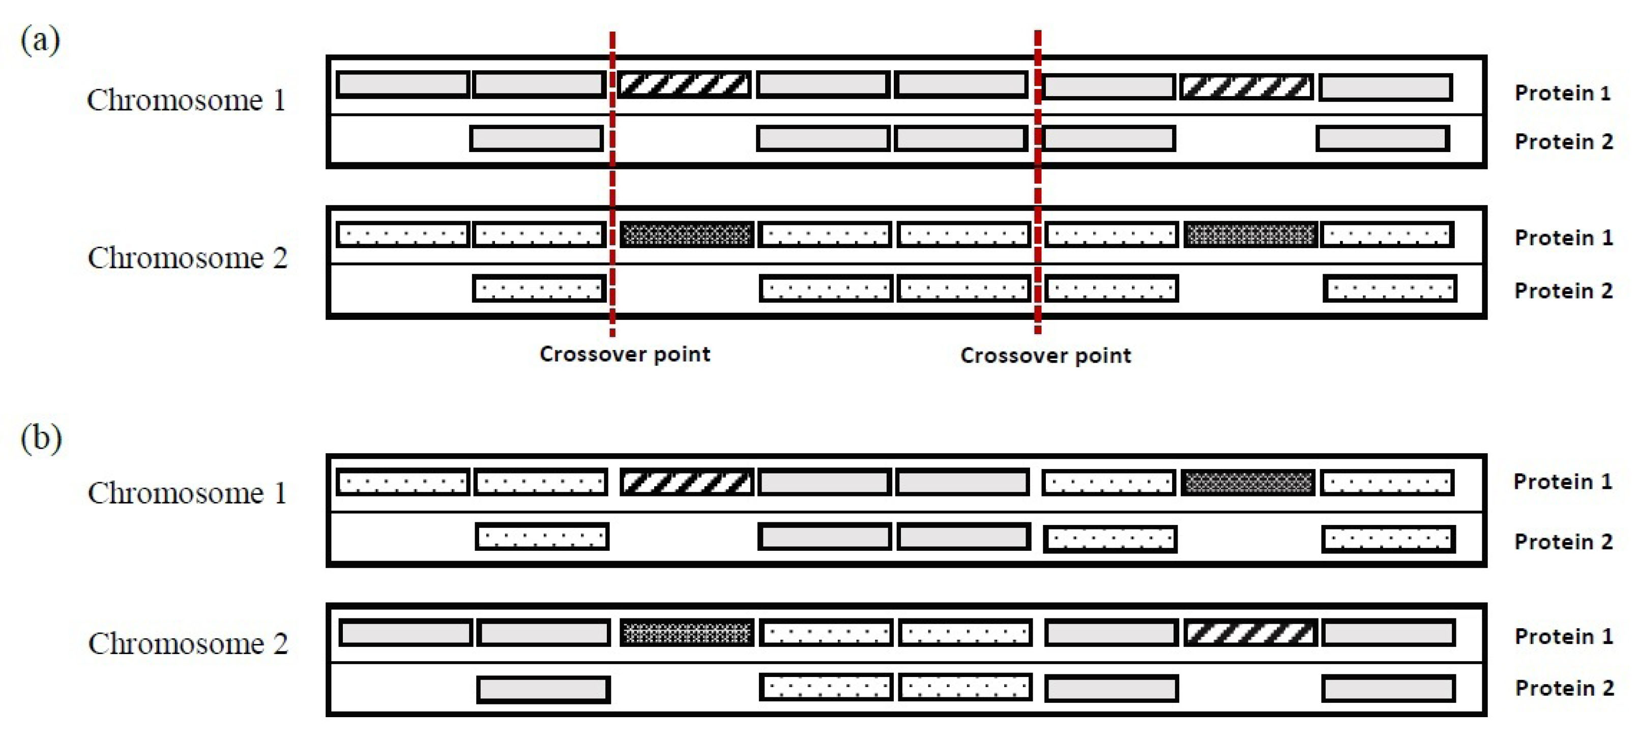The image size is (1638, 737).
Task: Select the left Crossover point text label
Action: point(625,353)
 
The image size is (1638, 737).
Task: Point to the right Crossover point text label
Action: point(1045,355)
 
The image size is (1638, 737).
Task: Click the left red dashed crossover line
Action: point(612,185)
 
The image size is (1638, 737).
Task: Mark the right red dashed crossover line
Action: point(1038,185)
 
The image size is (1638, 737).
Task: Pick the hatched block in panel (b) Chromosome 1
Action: point(686,482)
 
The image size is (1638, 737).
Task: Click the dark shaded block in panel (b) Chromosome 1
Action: point(1248,483)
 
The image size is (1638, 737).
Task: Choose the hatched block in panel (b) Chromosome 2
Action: point(1250,633)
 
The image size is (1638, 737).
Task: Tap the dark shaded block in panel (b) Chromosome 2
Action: point(687,633)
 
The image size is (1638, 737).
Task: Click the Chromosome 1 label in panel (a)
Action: point(186,101)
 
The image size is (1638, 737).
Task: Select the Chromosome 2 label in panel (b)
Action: point(188,643)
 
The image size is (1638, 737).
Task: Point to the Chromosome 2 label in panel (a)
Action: point(188,258)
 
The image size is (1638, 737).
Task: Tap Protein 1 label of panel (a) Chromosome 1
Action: point(1562,93)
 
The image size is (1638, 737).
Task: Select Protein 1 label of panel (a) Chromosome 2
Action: point(1563,238)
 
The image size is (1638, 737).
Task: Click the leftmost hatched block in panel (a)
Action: point(684,84)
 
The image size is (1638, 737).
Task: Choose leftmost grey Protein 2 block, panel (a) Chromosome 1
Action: point(536,139)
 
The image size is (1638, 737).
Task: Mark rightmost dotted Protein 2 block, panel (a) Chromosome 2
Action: point(1389,289)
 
